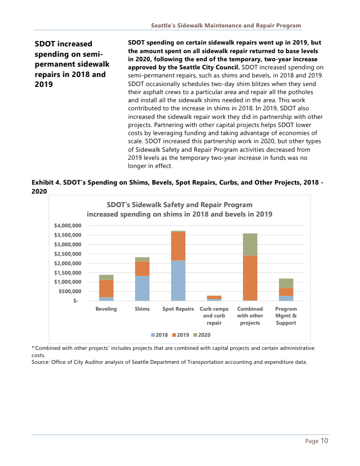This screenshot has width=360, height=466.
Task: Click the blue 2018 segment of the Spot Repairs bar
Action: click(178, 281)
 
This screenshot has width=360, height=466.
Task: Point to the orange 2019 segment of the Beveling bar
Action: click(106, 289)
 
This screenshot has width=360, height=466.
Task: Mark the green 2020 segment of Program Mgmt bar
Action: click(286, 283)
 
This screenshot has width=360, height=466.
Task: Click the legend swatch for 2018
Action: click(153, 335)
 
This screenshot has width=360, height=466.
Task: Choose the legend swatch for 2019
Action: click(174, 335)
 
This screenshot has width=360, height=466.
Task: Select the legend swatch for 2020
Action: click(196, 335)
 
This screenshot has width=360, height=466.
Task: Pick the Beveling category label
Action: click(106, 309)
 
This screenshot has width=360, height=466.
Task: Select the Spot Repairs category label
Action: click(178, 309)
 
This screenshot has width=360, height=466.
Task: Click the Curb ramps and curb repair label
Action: click(214, 316)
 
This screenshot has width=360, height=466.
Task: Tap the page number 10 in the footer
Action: click(324, 441)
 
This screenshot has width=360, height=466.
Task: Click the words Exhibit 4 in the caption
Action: click(46, 183)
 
